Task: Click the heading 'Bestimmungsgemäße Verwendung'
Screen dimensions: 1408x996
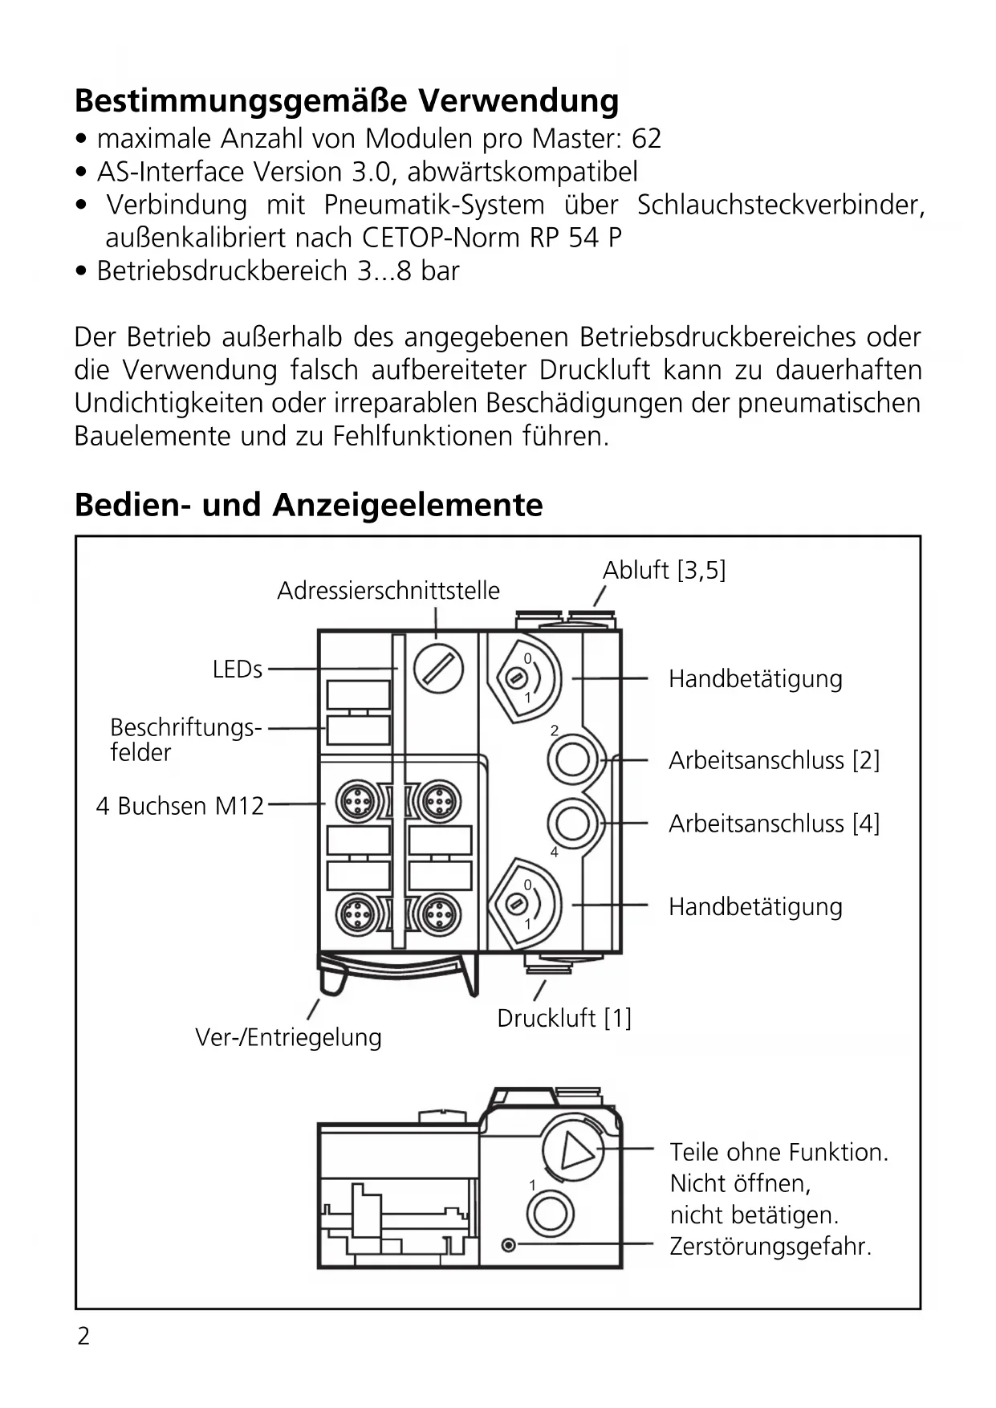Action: [346, 101]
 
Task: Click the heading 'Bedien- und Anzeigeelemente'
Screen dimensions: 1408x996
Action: [308, 505]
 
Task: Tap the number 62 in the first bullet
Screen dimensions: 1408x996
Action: [646, 139]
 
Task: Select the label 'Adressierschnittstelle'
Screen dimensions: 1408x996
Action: [388, 591]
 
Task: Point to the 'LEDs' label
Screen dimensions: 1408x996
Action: [237, 669]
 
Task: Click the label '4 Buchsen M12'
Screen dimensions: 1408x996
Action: [180, 806]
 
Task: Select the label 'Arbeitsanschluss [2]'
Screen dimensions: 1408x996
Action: [774, 760]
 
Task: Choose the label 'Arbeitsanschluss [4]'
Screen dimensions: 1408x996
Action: [774, 824]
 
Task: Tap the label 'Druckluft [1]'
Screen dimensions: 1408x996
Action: [564, 1018]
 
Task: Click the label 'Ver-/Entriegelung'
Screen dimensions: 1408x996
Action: [288, 1037]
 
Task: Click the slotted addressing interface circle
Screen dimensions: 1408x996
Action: [438, 669]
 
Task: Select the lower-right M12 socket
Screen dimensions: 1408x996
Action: [439, 914]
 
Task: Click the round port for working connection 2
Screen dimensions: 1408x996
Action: [572, 759]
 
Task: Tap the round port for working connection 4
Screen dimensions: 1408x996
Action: [572, 823]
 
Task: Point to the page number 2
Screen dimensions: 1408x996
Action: [83, 1336]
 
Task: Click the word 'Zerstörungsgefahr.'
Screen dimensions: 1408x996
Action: [770, 1247]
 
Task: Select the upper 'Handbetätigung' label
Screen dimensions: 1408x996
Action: [755, 679]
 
